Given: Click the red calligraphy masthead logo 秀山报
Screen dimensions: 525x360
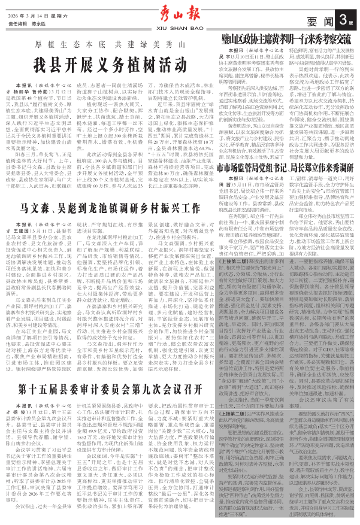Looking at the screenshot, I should pyautogui.click(x=179, y=13).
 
